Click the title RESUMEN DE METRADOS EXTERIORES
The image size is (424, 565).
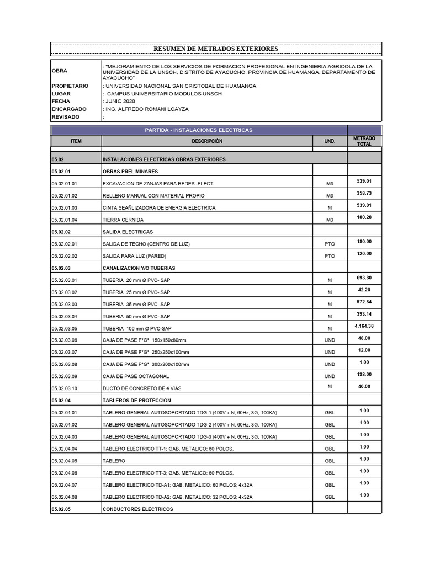215,49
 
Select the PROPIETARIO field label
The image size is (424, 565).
70,86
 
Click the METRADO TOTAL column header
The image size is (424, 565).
364,141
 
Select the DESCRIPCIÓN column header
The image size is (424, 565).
207,141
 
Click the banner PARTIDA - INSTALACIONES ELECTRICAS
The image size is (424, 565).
198,130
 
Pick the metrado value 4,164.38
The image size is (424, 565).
364,326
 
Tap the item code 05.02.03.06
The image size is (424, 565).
65,340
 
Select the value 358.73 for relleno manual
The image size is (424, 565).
364,193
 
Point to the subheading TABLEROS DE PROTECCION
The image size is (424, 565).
137,400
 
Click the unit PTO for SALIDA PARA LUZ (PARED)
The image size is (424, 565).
330,256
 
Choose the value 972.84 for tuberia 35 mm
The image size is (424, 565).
364,301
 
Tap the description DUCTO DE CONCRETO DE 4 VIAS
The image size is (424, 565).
142,388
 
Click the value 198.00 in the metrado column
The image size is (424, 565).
364,374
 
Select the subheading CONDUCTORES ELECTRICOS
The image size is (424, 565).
137,509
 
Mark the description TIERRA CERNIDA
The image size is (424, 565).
123,220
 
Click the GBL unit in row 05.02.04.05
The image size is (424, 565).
330,461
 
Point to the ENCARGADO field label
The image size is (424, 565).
68,109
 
